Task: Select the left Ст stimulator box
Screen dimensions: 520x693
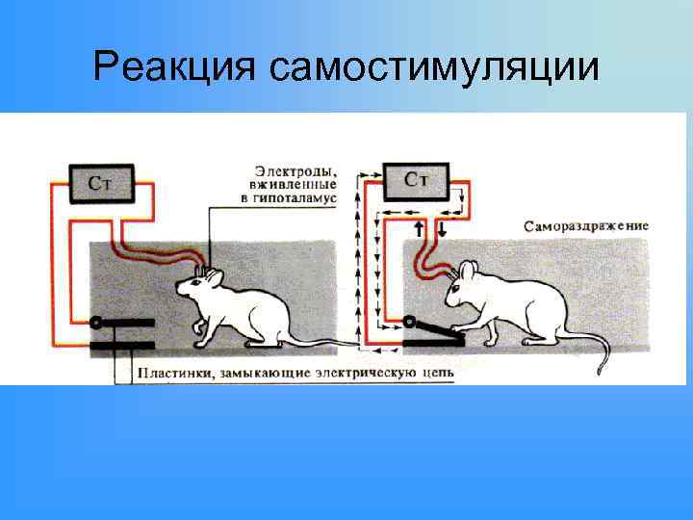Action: click(103, 182)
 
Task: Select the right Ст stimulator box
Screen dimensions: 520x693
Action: click(420, 180)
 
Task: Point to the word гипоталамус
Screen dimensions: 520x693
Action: click(310, 197)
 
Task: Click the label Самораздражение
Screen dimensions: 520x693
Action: click(586, 226)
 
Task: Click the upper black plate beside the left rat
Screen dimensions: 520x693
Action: click(123, 323)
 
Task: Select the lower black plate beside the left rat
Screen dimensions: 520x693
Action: click(122, 345)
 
